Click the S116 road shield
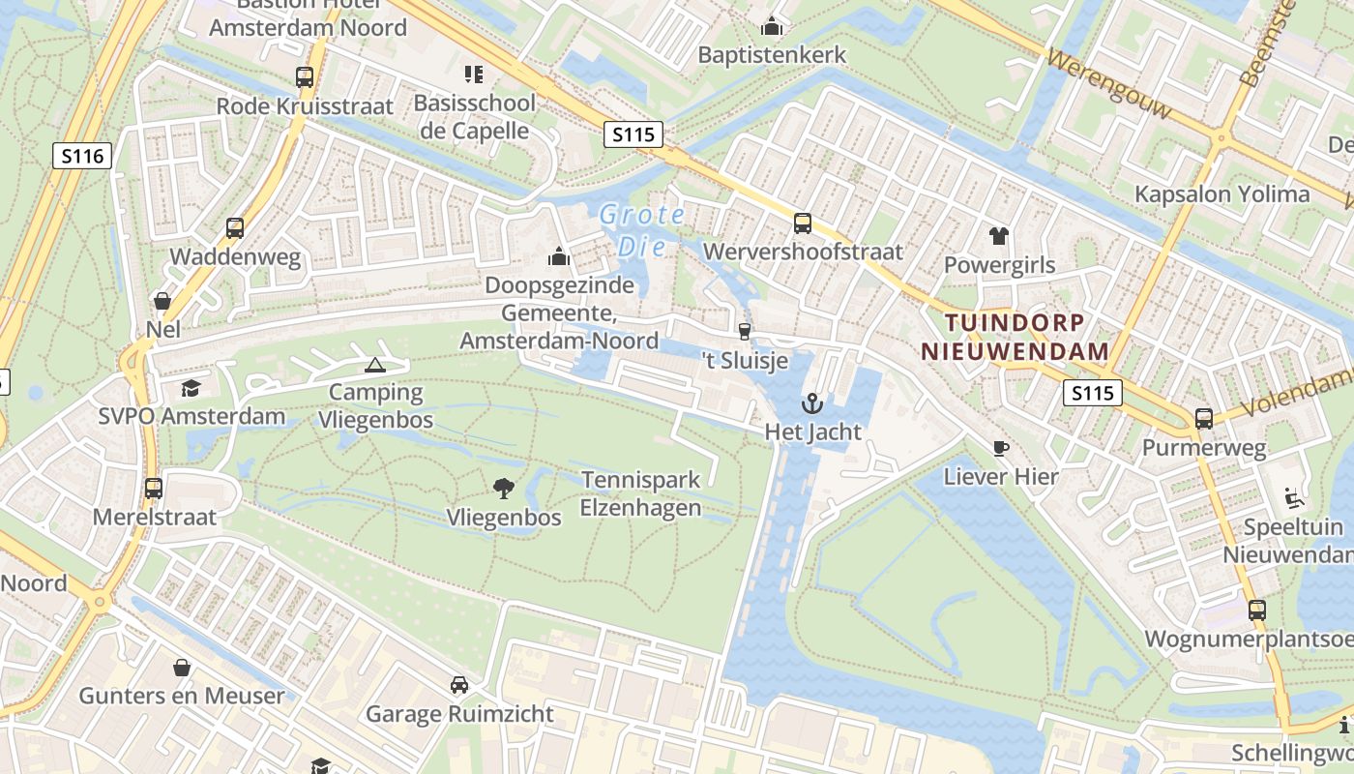tap(82, 155)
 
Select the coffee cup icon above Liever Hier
tap(1001, 448)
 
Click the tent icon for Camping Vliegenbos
tap(374, 365)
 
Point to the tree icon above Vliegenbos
tap(504, 489)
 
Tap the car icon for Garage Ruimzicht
tap(459, 685)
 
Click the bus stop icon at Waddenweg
tap(235, 228)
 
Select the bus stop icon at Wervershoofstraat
tap(803, 223)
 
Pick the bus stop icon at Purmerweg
tap(1204, 419)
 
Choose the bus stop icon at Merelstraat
tap(154, 488)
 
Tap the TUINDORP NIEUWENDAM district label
tap(1015, 337)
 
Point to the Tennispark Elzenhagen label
tap(641, 493)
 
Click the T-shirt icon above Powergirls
tap(999, 235)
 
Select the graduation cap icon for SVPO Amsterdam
tap(191, 389)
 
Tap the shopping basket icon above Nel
tap(162, 301)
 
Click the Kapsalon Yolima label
tap(1222, 193)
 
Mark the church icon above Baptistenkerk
tap(772, 26)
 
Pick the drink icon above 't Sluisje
tap(744, 332)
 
